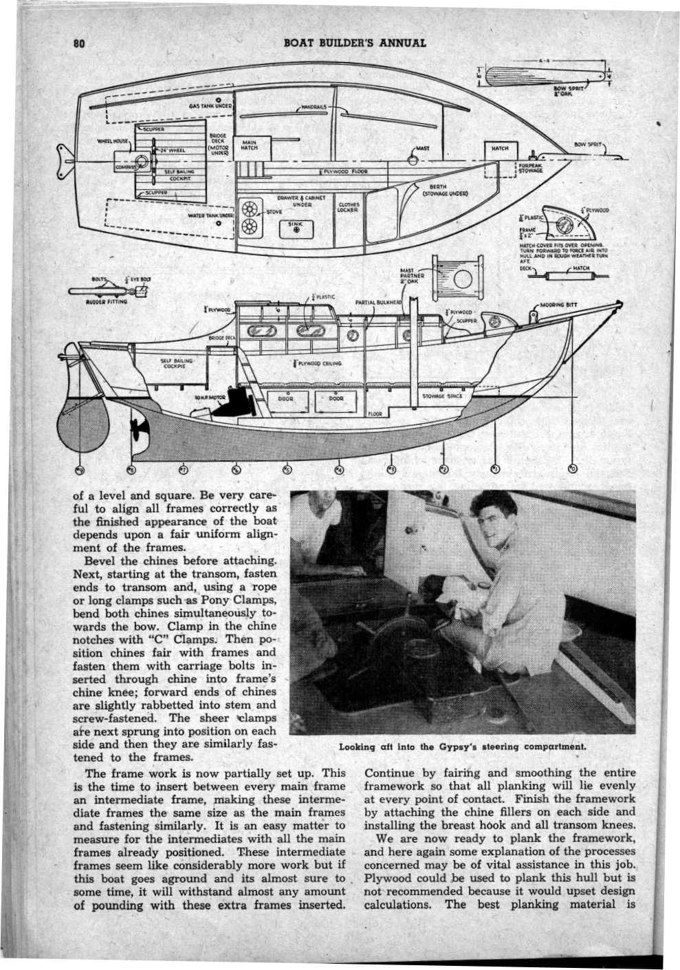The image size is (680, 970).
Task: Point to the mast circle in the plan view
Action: point(413,160)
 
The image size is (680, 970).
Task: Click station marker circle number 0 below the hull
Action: point(574,470)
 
